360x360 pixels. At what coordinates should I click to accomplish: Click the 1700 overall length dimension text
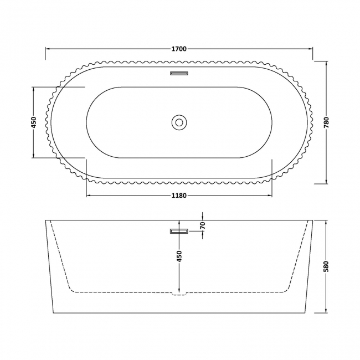coord(178,49)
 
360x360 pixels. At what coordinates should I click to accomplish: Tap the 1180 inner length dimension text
coord(178,195)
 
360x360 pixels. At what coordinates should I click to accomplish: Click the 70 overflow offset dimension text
coord(203,226)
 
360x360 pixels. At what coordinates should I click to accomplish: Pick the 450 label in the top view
coord(34,122)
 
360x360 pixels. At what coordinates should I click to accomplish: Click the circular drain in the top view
coord(179,122)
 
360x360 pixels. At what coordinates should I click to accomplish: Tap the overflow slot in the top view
coord(179,72)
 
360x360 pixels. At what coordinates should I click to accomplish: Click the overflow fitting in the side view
coord(179,231)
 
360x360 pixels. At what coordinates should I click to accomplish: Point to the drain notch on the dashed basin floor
coord(179,294)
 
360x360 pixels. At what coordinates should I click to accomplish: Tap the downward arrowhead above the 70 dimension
coord(203,217)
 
